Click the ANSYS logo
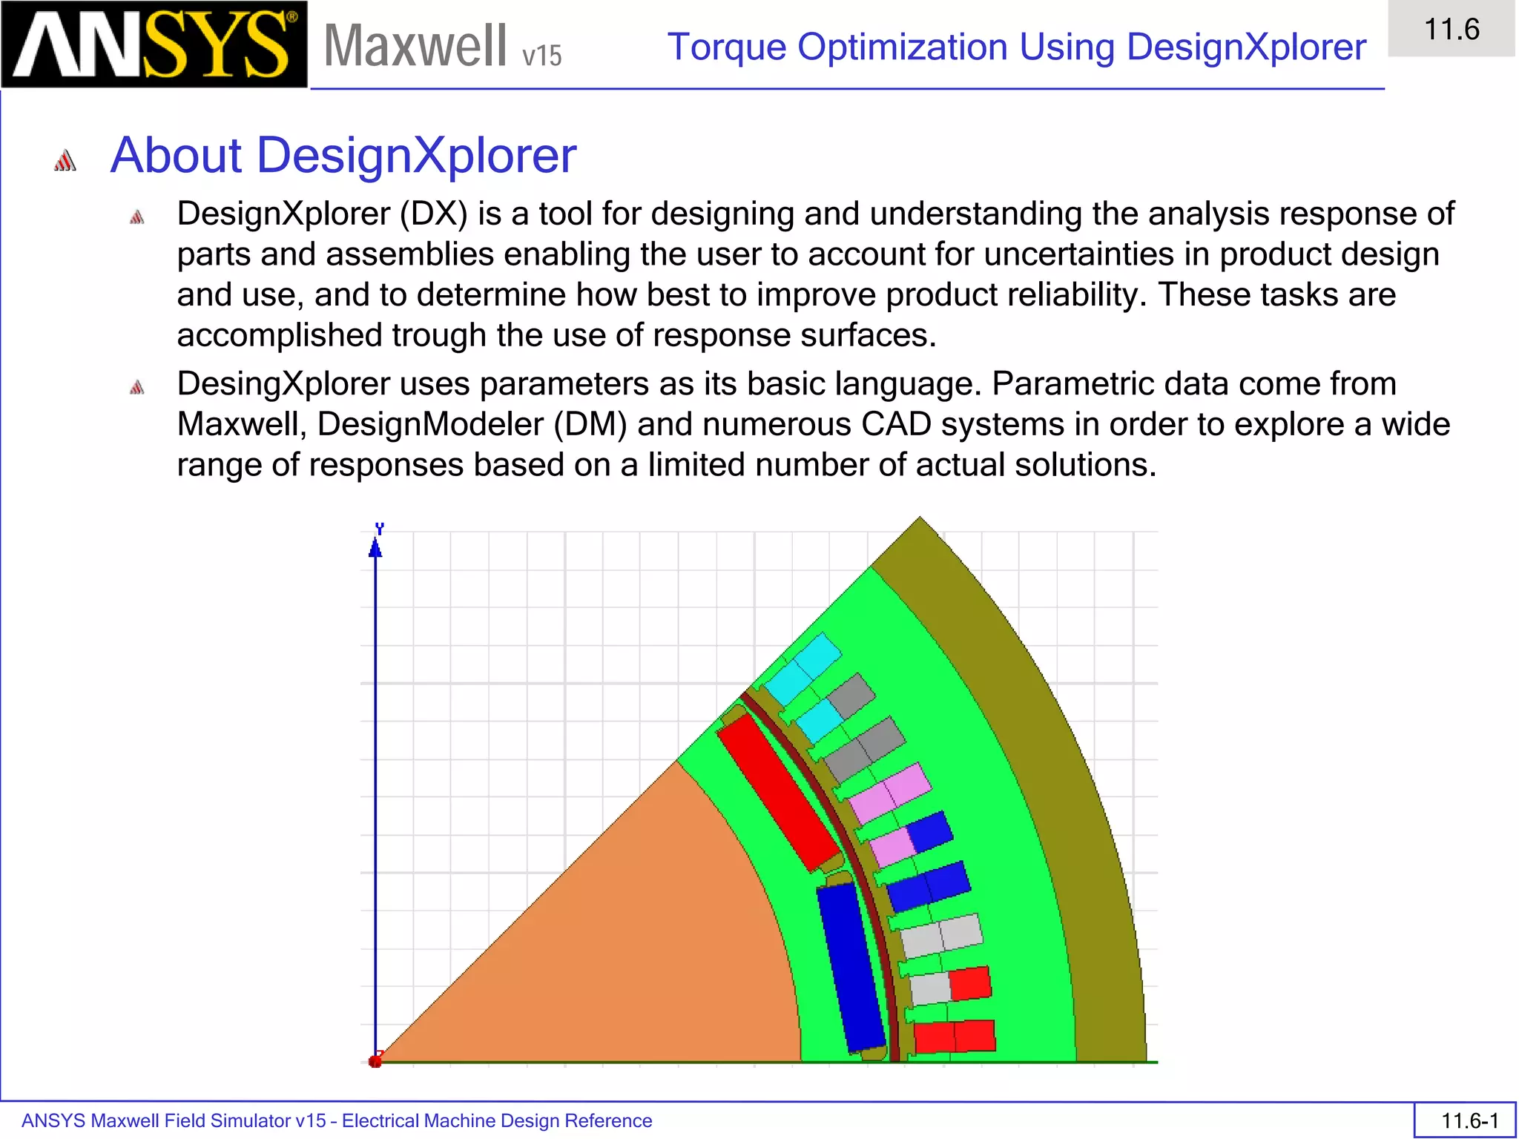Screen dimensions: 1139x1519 [x=154, y=44]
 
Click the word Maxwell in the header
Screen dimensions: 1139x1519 [x=415, y=46]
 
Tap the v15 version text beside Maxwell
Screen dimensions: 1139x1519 [x=541, y=56]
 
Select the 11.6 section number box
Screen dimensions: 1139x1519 [x=1451, y=30]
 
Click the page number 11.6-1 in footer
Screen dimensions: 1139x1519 [x=1469, y=1120]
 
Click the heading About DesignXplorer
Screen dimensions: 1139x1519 [x=343, y=156]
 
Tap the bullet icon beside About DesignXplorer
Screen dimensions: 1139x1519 [x=65, y=160]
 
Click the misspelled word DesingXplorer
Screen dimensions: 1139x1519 [x=283, y=384]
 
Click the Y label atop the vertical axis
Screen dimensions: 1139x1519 [x=380, y=528]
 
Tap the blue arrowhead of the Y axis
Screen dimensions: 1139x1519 [x=375, y=549]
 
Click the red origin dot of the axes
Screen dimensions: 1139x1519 [x=375, y=1061]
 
